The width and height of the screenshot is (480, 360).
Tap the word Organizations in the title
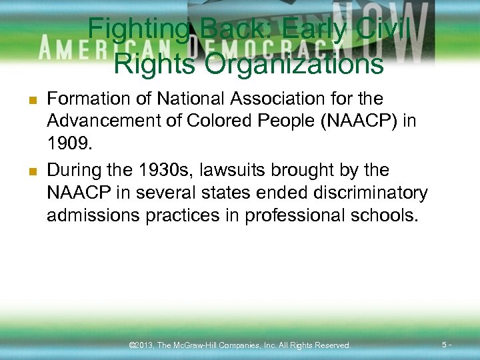(295, 65)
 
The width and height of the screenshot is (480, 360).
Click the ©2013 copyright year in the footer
(141, 345)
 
